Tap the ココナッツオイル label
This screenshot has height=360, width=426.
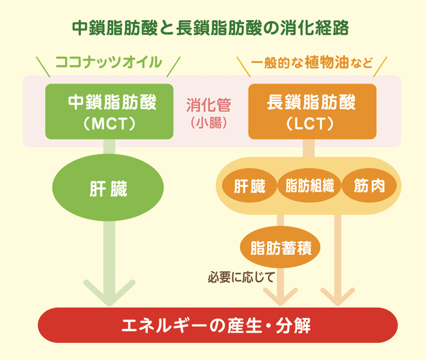coord(109,62)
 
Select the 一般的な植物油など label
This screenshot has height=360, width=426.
coord(312,63)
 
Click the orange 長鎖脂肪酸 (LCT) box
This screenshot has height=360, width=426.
coord(312,111)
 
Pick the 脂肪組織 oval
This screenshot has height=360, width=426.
coord(309,187)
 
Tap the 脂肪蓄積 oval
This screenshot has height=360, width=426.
coord(281,247)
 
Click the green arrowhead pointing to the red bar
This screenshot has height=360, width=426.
coord(109,295)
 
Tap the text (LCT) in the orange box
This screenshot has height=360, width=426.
coord(312,123)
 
